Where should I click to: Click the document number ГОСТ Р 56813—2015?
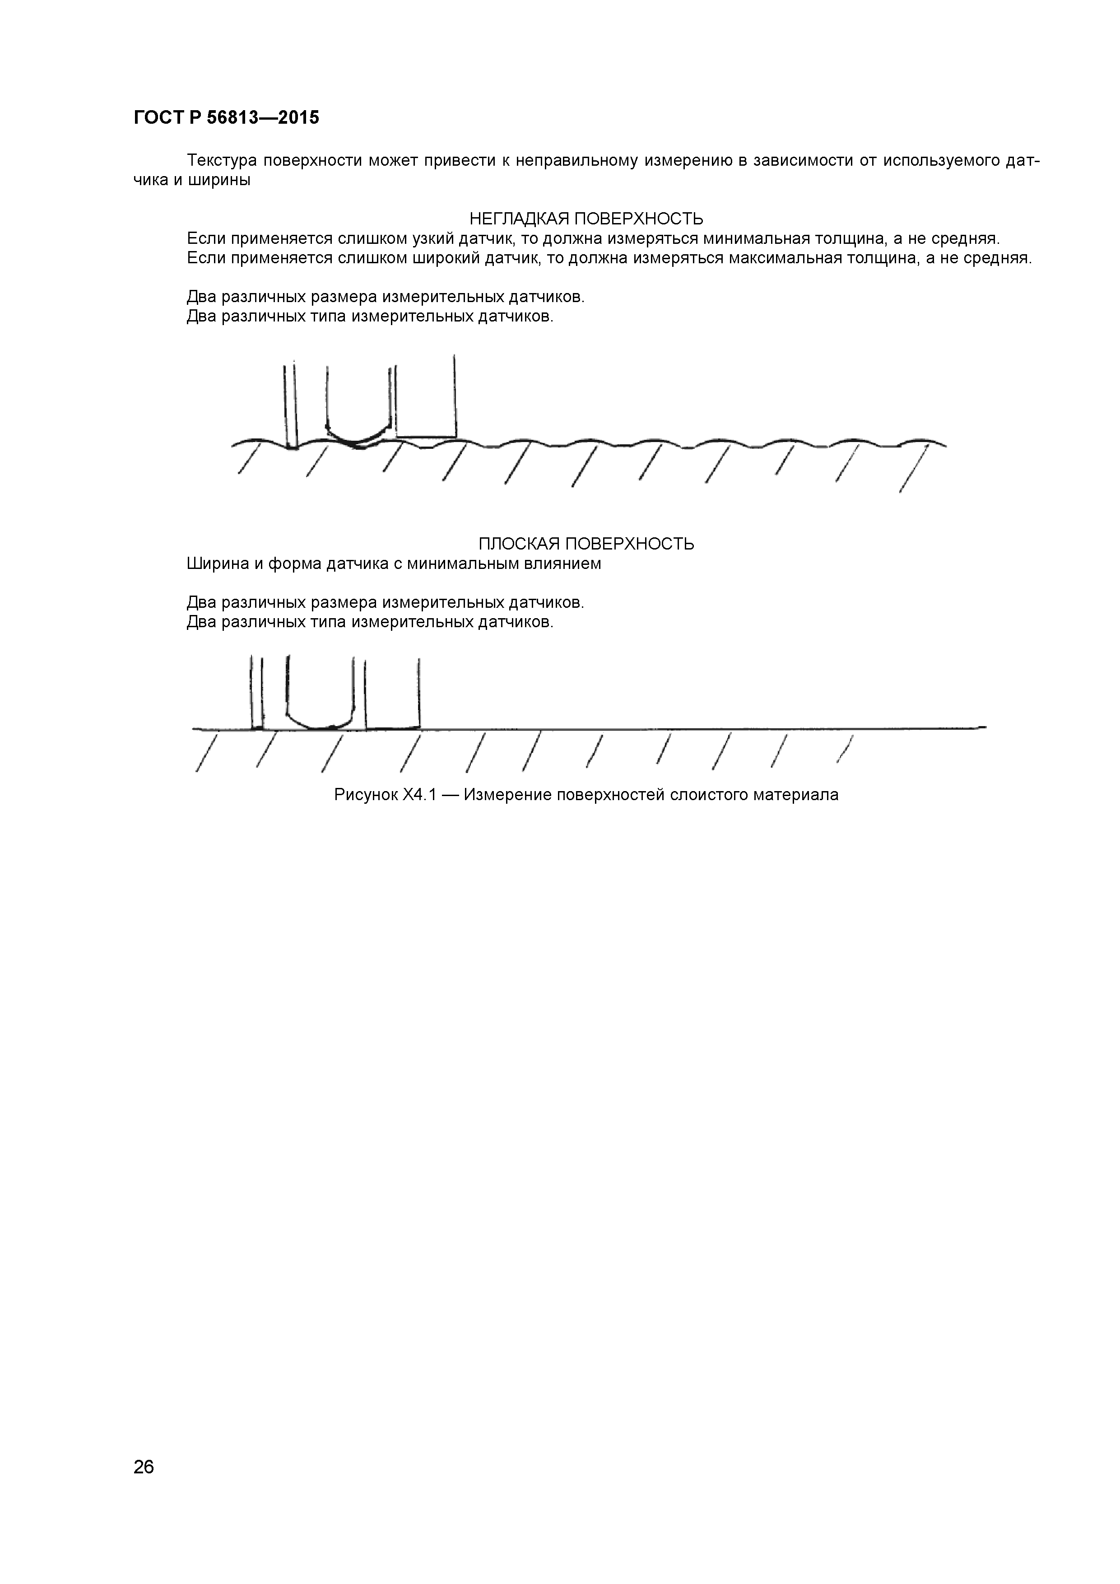click(226, 118)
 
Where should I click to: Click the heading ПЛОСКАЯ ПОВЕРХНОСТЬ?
click(586, 544)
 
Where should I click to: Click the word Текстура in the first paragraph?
click(222, 161)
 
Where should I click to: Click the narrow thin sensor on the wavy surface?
click(290, 407)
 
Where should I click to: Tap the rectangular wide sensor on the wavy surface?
click(426, 407)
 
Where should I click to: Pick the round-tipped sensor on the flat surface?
click(320, 697)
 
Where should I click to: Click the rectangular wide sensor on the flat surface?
click(392, 697)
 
